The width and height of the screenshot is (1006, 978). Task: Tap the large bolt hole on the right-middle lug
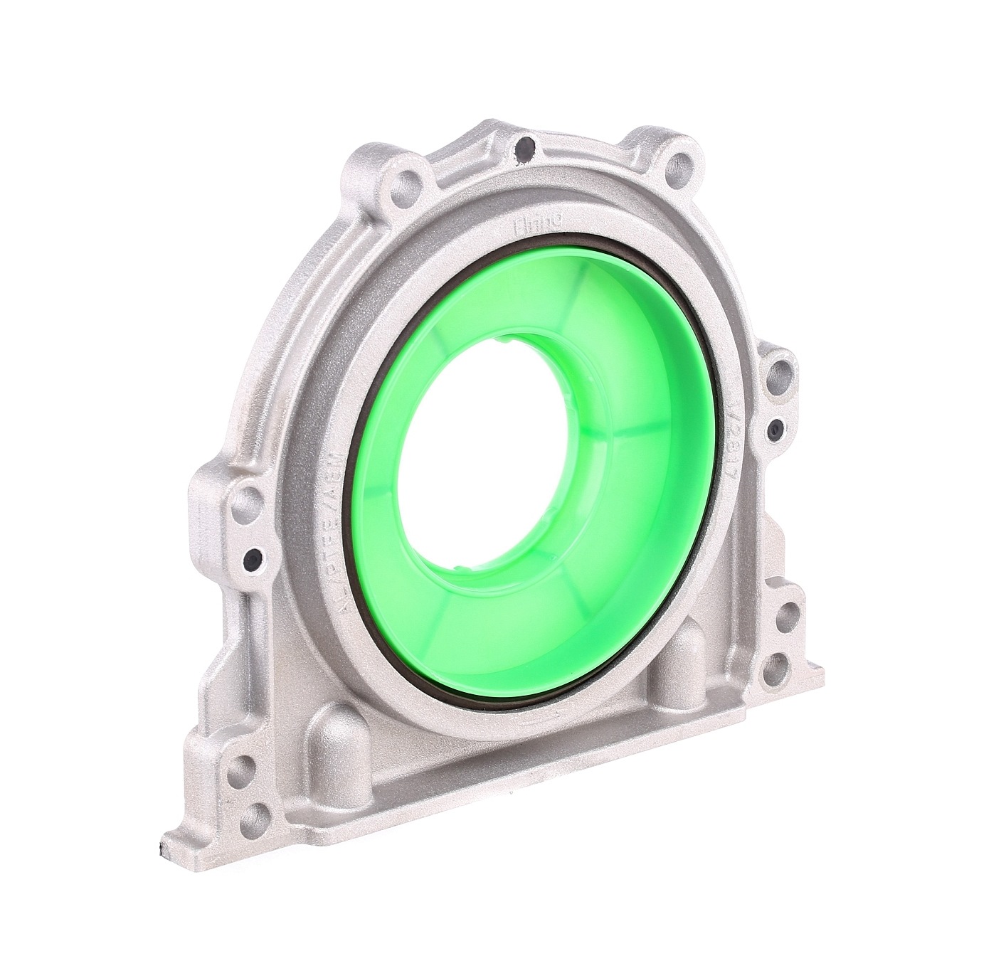pyautogui.click(x=781, y=369)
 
